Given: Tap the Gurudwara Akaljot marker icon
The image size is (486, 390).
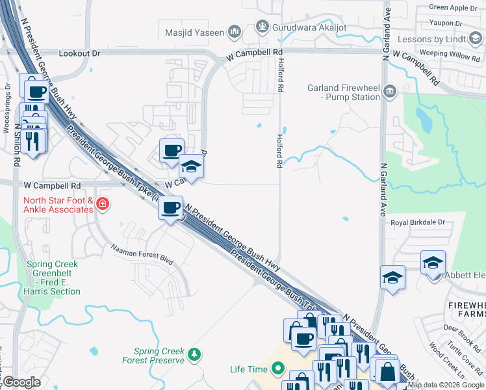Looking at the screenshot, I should point(262,27).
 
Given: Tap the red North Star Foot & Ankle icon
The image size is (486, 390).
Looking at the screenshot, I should point(102,205).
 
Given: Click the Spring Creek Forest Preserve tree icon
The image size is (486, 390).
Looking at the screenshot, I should point(194,354).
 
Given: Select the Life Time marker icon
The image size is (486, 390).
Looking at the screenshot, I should point(278,369).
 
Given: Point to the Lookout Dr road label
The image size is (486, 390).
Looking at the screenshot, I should point(81,53).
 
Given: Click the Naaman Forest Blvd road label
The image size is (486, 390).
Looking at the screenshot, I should point(142,254).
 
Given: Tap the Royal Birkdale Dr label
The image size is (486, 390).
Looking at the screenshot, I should point(416,222).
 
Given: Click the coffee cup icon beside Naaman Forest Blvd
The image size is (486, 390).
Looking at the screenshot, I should point(170,208).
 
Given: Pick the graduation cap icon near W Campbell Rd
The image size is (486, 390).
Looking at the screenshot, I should point(191,167).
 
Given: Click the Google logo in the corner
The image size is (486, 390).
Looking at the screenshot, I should point(21,382).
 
